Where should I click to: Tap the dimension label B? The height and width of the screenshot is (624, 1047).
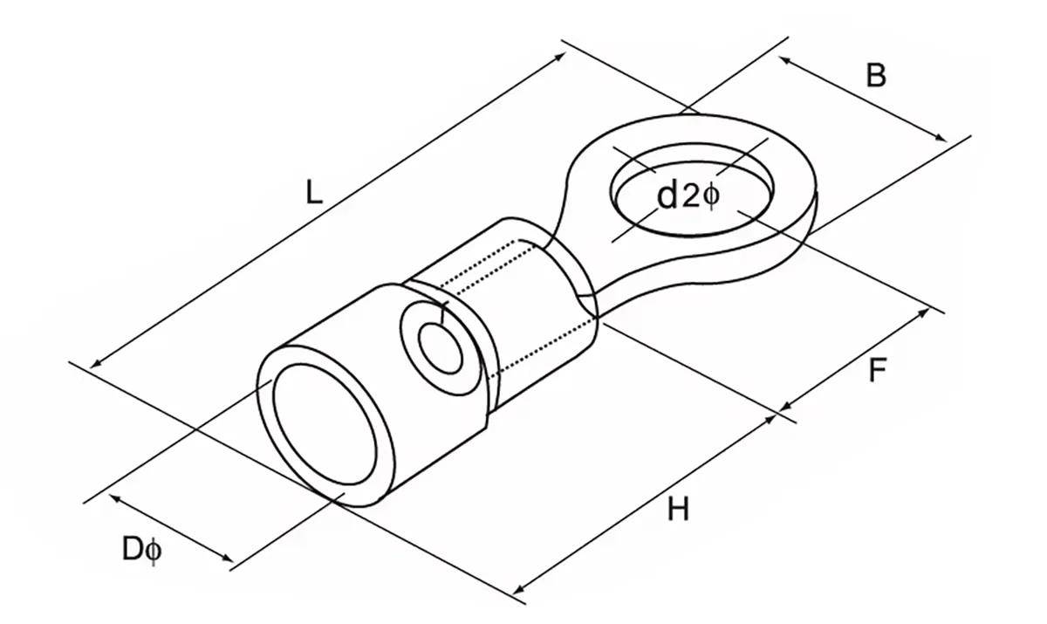pos(875,76)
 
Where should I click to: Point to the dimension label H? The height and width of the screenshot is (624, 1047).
pos(678,509)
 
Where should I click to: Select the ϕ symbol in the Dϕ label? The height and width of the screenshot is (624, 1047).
pos(153,551)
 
